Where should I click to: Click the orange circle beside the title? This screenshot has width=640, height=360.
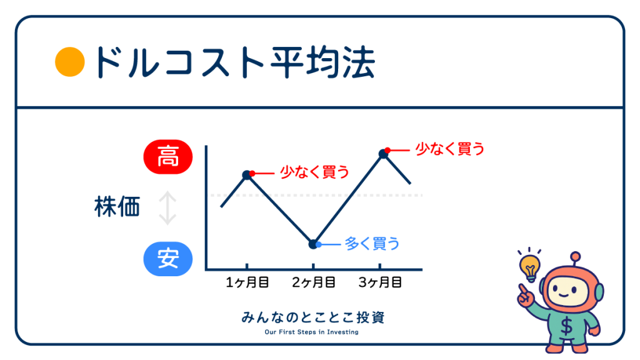pyautogui.click(x=70, y=62)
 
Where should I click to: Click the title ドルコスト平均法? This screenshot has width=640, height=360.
pyautogui.click(x=234, y=62)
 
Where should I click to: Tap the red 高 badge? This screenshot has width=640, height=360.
pyautogui.click(x=167, y=157)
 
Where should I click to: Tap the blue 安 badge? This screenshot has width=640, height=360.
pyautogui.click(x=167, y=259)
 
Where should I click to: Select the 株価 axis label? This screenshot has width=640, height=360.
pyautogui.click(x=117, y=206)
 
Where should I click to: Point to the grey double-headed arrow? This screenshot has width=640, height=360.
pyautogui.click(x=167, y=208)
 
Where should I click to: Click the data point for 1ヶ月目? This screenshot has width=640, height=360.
pyautogui.click(x=247, y=175)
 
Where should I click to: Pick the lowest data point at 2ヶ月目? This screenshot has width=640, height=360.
pyautogui.click(x=313, y=244)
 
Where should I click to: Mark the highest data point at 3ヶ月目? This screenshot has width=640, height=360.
pyautogui.click(x=383, y=154)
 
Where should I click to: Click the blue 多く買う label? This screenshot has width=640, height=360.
pyautogui.click(x=372, y=244)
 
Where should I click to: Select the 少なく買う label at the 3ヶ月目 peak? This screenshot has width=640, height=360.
pyautogui.click(x=450, y=149)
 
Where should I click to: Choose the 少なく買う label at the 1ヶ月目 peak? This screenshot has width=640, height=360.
pyautogui.click(x=315, y=172)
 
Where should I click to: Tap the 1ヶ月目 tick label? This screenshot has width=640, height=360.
pyautogui.click(x=247, y=282)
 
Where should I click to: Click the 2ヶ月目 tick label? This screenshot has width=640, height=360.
pyautogui.click(x=314, y=282)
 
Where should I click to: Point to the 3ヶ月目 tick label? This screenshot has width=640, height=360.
pyautogui.click(x=380, y=282)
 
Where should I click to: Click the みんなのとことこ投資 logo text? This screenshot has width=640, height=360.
pyautogui.click(x=313, y=317)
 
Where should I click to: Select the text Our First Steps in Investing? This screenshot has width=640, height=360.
pyautogui.click(x=311, y=332)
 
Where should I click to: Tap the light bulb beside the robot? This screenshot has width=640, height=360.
pyautogui.click(x=530, y=267)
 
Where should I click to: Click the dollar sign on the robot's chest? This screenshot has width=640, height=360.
pyautogui.click(x=566, y=326)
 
